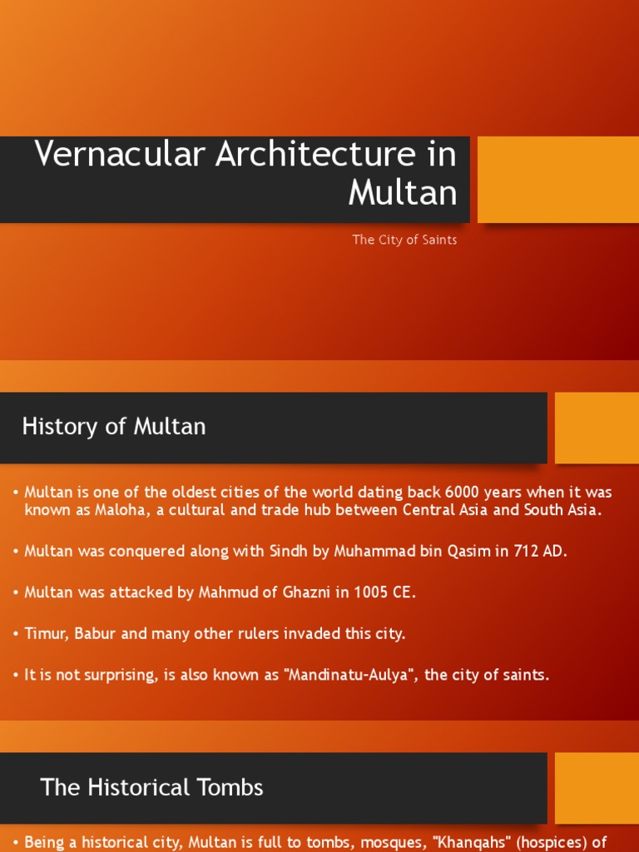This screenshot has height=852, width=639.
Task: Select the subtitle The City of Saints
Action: point(404,240)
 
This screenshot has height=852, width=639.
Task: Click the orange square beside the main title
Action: point(557,180)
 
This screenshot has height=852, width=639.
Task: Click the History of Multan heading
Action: point(114,427)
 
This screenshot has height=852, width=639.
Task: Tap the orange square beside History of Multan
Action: point(597,428)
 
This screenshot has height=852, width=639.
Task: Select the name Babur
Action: point(102,633)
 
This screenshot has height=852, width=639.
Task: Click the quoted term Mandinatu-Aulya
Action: point(350,675)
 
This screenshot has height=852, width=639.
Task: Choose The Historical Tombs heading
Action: point(151,787)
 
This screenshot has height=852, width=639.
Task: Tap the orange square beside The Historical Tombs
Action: point(597,788)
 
